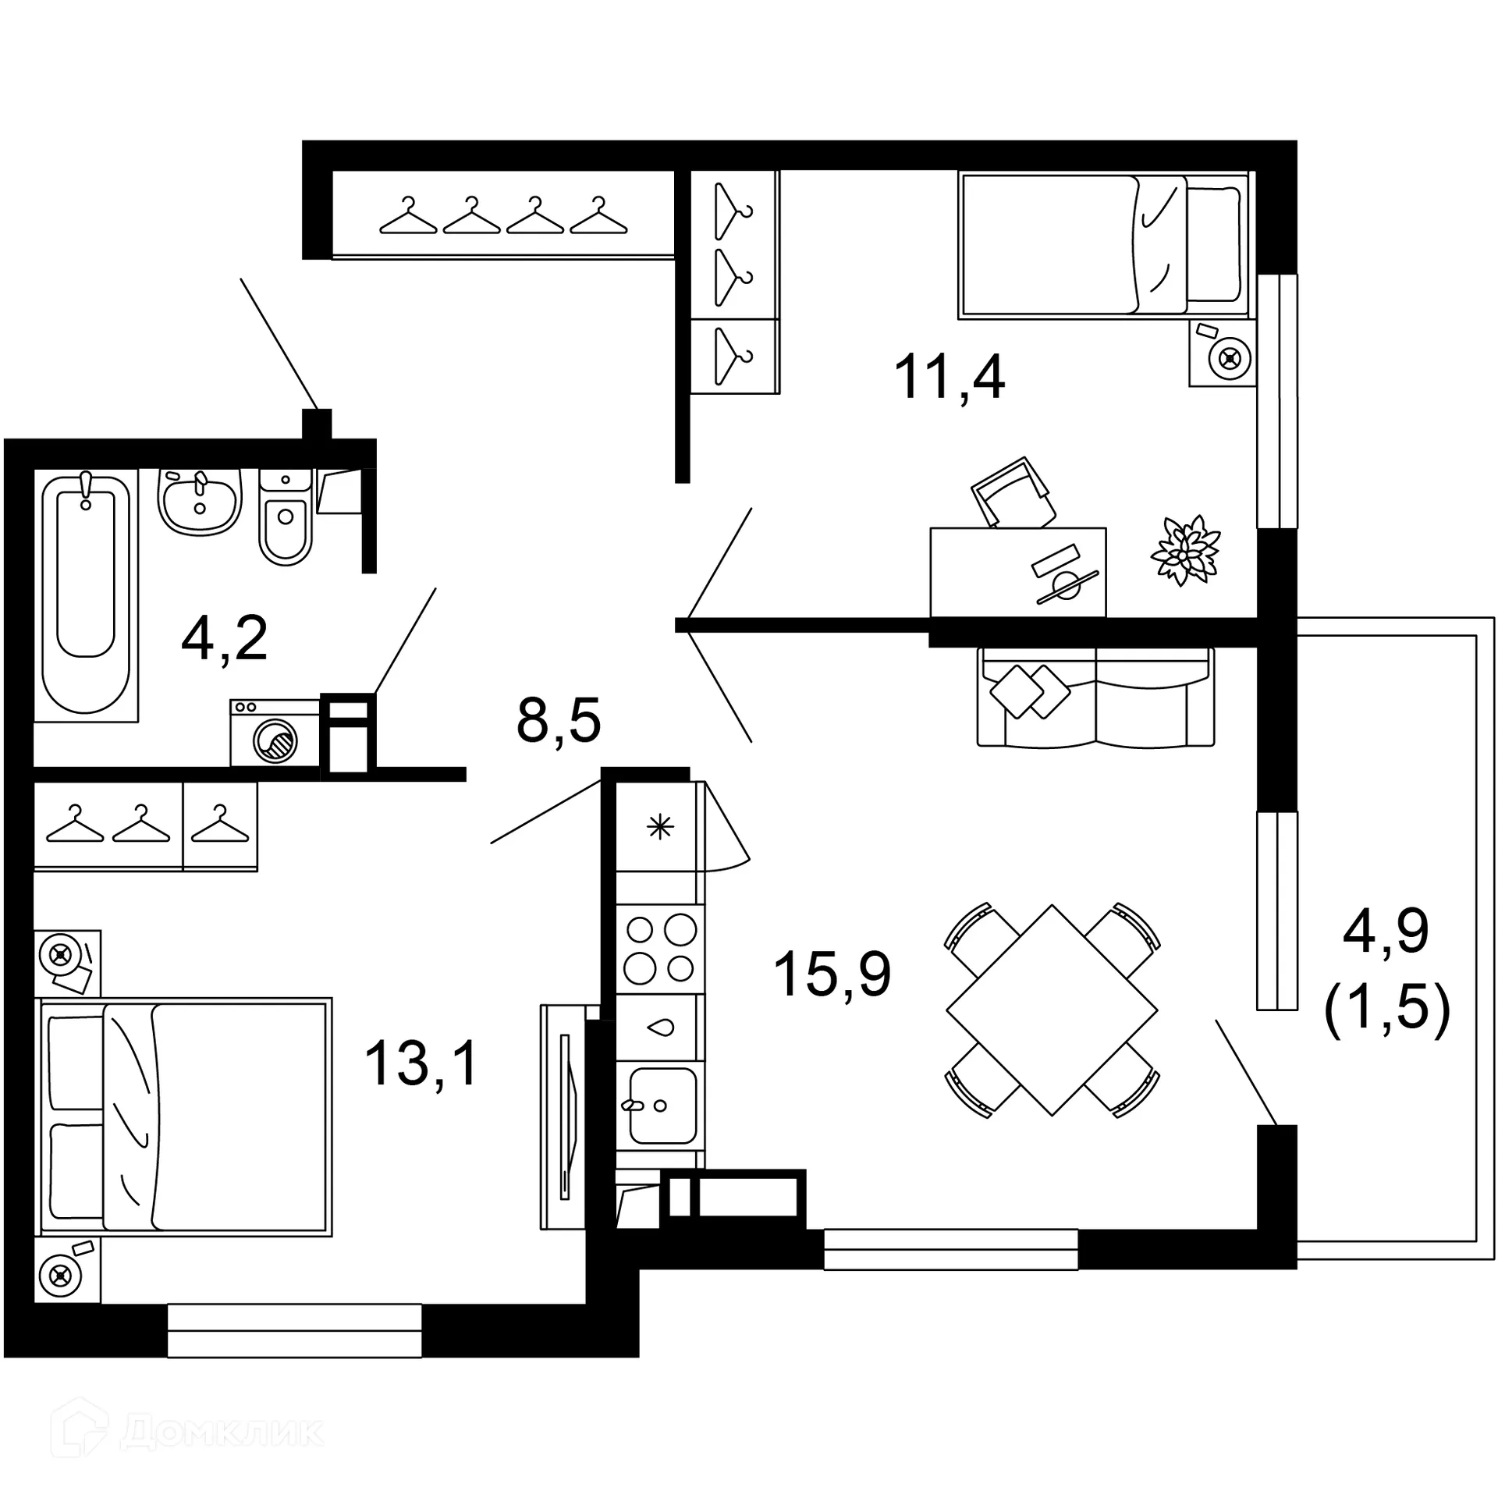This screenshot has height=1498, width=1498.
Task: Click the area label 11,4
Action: tap(949, 378)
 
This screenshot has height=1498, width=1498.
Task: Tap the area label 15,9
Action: tap(832, 974)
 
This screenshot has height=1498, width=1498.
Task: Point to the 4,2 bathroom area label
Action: tap(224, 638)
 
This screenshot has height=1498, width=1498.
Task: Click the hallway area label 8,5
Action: tap(559, 721)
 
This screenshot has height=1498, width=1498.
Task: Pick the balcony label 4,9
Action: tap(1386, 932)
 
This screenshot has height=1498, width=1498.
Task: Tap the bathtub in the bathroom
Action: tap(86, 593)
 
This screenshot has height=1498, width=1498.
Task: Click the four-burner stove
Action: tap(660, 949)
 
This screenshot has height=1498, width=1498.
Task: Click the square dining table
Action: tap(1052, 1010)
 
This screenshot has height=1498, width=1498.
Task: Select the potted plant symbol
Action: tap(1185, 549)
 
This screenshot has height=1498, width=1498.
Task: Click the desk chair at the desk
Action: tap(1013, 493)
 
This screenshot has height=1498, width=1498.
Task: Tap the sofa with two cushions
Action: tap(1095, 697)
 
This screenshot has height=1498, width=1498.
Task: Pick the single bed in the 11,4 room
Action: tap(1102, 245)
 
